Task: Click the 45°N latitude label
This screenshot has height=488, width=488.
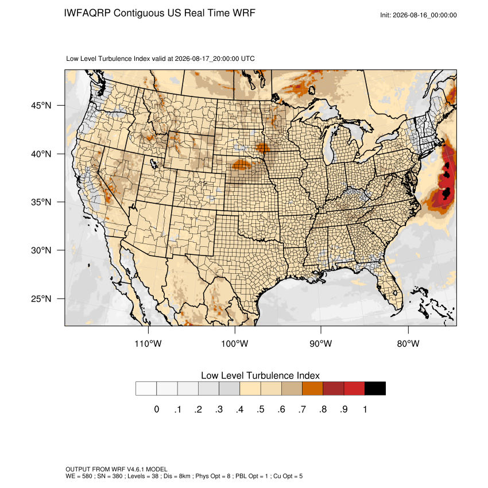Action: click(x=41, y=106)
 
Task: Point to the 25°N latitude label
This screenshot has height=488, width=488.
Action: click(x=41, y=299)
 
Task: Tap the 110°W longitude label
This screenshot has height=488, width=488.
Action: click(x=148, y=343)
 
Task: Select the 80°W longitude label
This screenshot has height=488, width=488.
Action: click(x=408, y=343)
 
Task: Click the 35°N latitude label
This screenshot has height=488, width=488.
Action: click(x=41, y=202)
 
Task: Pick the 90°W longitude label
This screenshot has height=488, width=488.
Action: click(x=320, y=343)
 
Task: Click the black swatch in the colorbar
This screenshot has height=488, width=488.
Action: click(x=375, y=389)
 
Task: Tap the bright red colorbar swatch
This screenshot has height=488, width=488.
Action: click(x=354, y=389)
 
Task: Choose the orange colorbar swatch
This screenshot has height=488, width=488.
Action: click(x=312, y=389)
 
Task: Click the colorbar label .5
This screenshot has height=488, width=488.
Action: click(x=261, y=409)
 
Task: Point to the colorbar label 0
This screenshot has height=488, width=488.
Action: click(x=157, y=409)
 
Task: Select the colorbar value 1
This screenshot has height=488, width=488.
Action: click(x=365, y=409)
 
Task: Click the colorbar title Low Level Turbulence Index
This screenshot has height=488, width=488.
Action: click(x=260, y=375)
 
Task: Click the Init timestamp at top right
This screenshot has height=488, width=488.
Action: click(x=419, y=15)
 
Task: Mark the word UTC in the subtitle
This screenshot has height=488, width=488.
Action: click(x=248, y=59)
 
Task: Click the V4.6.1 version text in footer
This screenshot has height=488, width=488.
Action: click(x=135, y=469)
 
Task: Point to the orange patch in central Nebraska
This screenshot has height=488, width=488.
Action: click(x=242, y=164)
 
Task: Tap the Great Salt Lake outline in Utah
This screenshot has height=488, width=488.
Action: click(x=153, y=163)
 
